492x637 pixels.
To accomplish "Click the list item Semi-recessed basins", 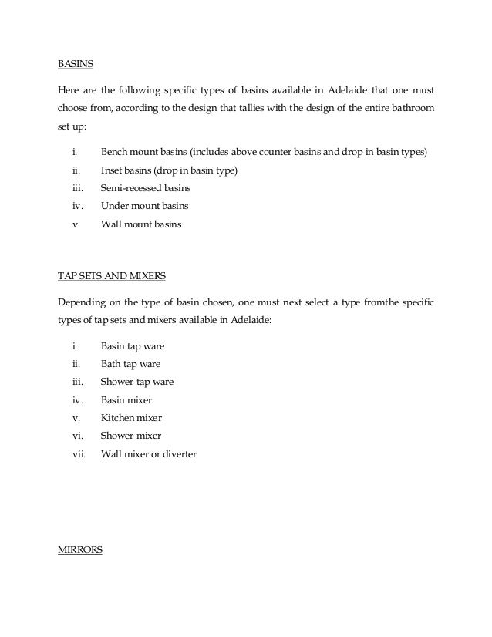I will [x=145, y=188].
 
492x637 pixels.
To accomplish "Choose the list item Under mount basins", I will [x=144, y=207].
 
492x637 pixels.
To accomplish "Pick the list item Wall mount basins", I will [x=141, y=225].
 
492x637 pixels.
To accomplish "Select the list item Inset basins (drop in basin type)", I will [x=169, y=170].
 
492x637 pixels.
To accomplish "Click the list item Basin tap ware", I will [x=132, y=346].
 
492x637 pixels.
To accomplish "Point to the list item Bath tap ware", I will [x=130, y=364].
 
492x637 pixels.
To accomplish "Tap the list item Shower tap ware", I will [x=136, y=382].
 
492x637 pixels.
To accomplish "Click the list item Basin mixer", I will [x=126, y=400].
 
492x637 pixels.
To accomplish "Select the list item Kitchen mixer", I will [x=131, y=418].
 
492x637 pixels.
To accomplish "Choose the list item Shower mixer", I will [x=131, y=436].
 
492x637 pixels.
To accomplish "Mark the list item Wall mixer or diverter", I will [x=148, y=454].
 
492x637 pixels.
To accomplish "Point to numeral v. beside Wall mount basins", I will [x=76, y=225].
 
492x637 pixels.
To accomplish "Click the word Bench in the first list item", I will [x=115, y=152].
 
